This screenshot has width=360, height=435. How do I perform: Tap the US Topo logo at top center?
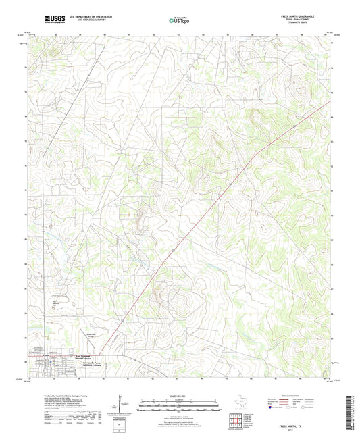click(179, 20)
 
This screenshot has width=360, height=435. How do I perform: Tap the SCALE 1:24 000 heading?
click(180, 396)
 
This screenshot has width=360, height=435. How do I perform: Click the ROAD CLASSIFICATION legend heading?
click(300, 396)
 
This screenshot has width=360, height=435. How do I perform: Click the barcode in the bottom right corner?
click(353, 413)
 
